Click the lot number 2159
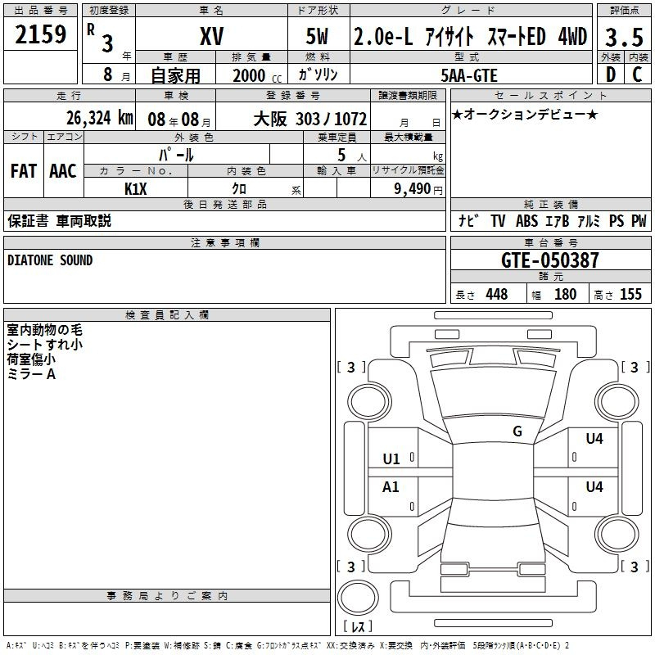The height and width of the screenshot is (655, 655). pos(40,34)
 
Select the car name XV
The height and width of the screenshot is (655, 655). pos(212,36)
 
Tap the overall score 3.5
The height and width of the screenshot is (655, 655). pos(624,37)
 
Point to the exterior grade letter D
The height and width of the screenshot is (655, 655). pos(611,75)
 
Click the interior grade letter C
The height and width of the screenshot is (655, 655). pos(637,75)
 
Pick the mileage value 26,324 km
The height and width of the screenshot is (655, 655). pos(99,118)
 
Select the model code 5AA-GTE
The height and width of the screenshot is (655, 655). pos(469,75)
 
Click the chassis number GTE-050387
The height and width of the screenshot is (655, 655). pos(549,260)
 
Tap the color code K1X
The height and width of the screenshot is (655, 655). pos(136,189)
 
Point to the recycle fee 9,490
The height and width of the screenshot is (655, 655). pos(413,189)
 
